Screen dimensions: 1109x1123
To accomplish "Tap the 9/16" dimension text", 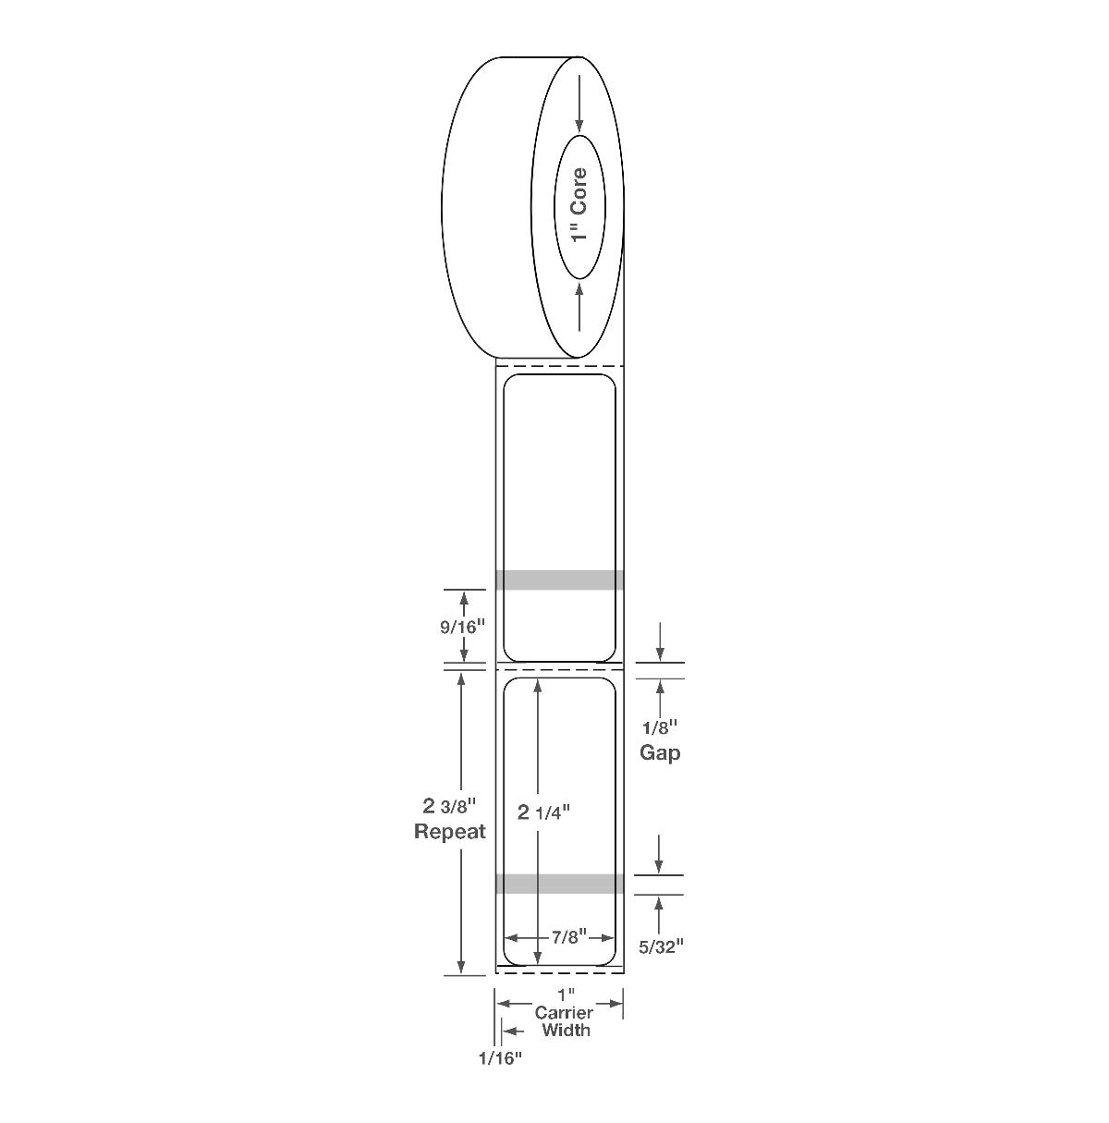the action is point(463,627).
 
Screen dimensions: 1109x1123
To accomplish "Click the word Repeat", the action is point(449,831).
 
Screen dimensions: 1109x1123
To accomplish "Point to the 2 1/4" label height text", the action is point(543,812).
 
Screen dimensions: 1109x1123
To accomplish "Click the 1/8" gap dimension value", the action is point(660,728).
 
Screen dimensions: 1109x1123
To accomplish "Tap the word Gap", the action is point(660,753).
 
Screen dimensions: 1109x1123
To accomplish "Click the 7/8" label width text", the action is point(568,937).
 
